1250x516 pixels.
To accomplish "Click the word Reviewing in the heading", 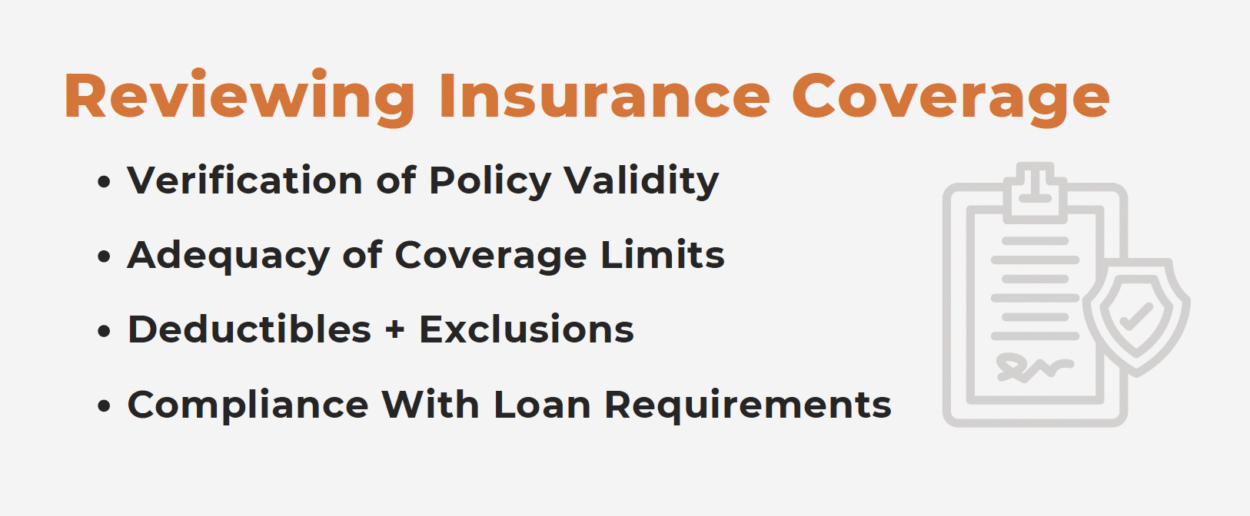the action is click(240, 98).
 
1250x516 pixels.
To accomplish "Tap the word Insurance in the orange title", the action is click(605, 96).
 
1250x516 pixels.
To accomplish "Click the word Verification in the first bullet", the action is click(245, 180).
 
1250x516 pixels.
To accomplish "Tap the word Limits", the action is click(663, 255).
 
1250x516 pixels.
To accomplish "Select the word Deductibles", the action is click(249, 329).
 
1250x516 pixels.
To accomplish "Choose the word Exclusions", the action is click(527, 329).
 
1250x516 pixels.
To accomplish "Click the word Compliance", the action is click(248, 405).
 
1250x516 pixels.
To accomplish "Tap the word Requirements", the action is click(748, 405).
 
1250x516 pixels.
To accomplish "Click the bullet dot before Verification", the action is click(104, 182).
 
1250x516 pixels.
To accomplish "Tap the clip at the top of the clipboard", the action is click(1036, 193).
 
